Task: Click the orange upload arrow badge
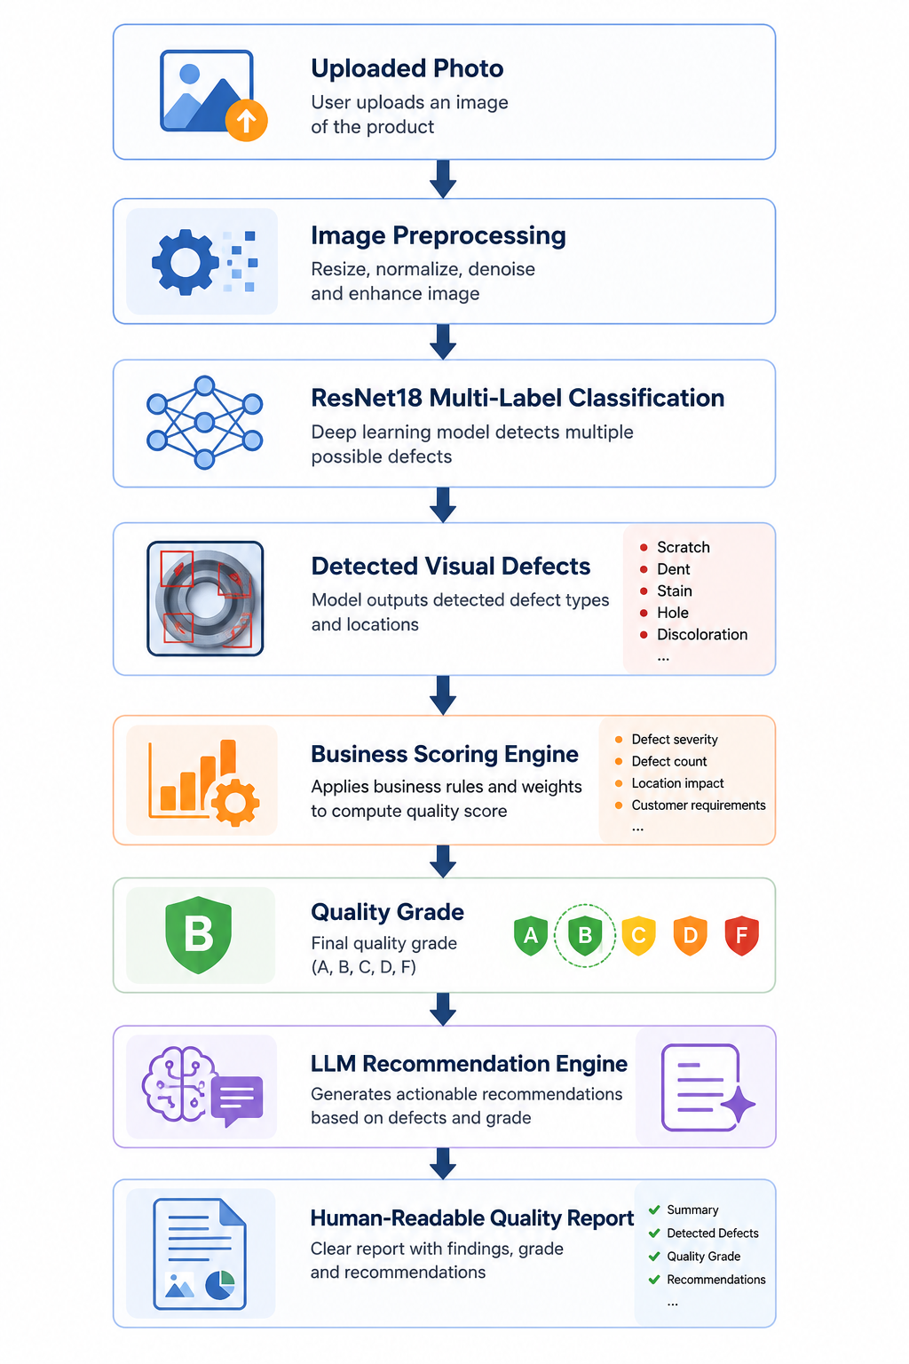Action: point(246,120)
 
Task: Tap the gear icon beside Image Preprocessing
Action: point(186,263)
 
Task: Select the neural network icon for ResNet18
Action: point(204,423)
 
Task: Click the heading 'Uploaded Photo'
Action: point(407,68)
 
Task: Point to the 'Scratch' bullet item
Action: point(684,547)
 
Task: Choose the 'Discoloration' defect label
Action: point(702,635)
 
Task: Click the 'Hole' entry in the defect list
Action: point(673,613)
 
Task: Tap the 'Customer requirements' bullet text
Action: point(699,805)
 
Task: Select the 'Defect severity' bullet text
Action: point(675,739)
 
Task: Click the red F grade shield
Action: point(741,935)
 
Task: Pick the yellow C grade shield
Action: point(638,935)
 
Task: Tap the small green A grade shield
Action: point(531,935)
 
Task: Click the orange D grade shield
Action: point(690,935)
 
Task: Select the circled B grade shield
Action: point(585,935)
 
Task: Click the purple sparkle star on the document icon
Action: point(738,1104)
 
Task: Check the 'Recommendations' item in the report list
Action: point(716,1280)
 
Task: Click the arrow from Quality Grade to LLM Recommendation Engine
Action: point(443,1009)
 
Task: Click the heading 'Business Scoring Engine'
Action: point(445,755)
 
